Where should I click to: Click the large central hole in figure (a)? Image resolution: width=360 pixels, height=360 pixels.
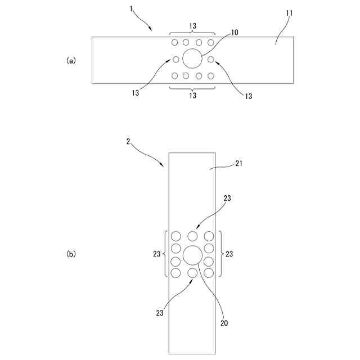tap(192, 58)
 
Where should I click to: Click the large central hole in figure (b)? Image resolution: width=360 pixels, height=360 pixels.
tap(192, 255)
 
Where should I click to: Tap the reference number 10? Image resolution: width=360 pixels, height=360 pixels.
tap(235, 33)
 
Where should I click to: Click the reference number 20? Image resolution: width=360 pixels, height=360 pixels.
tap(224, 324)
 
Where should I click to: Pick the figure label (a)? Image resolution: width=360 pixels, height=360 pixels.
tap(71, 60)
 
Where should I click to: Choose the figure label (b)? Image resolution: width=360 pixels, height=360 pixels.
tap(71, 254)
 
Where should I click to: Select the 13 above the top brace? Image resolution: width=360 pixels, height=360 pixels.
tap(192, 26)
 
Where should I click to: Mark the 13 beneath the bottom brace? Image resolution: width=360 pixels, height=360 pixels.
tap(192, 96)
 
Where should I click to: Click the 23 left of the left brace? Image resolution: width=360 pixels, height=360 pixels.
tap(157, 254)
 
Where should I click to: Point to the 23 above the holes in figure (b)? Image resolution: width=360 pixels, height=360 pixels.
tap(227, 198)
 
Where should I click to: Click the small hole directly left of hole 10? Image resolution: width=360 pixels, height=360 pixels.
tap(175, 59)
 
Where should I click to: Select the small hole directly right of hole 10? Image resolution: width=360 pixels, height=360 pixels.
tap(210, 59)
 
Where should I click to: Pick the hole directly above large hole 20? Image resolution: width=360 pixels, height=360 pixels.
tap(192, 236)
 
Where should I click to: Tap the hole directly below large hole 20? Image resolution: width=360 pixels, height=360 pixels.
tap(192, 273)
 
